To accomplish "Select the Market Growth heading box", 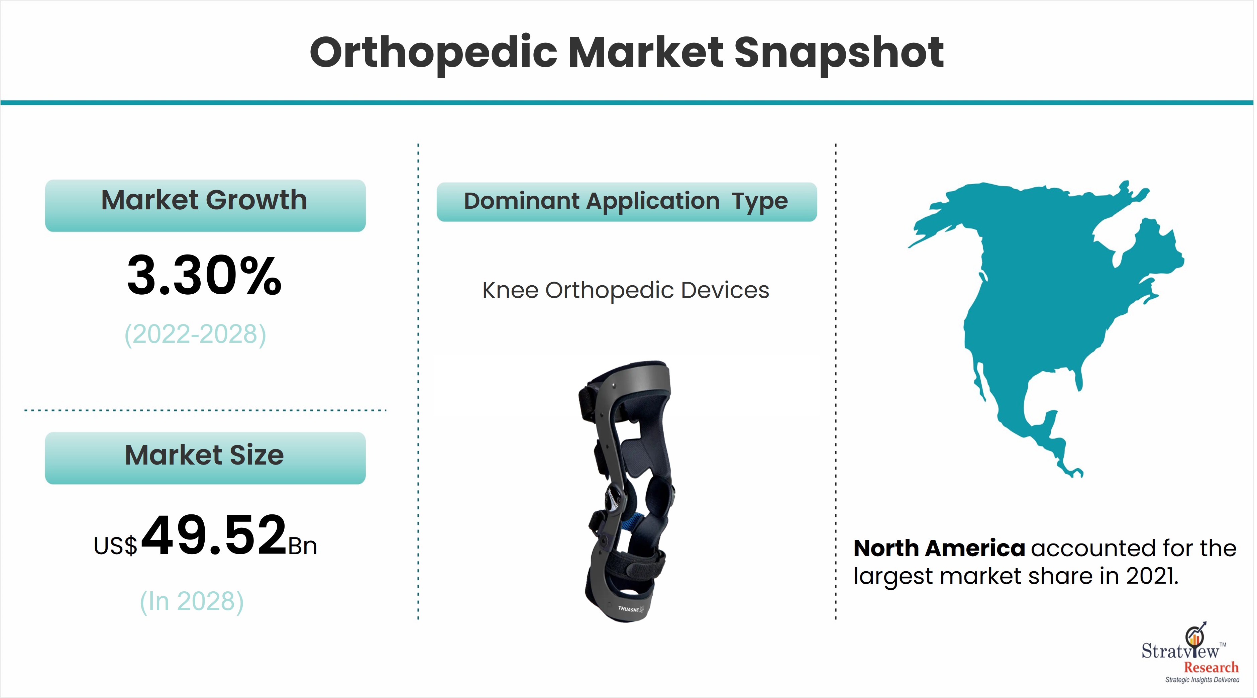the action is point(205,205).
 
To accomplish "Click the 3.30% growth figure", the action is point(204,276).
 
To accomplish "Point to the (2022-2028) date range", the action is point(195,334).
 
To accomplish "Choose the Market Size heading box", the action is point(205,458).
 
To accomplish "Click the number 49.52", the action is point(214,535).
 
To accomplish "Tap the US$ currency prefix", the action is point(116,546).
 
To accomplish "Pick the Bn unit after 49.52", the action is point(303,546).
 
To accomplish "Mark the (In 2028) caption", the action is point(192,601).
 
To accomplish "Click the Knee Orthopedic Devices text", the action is point(626,290).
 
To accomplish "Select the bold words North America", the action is point(939,549).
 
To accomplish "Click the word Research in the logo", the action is point(1211,667).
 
